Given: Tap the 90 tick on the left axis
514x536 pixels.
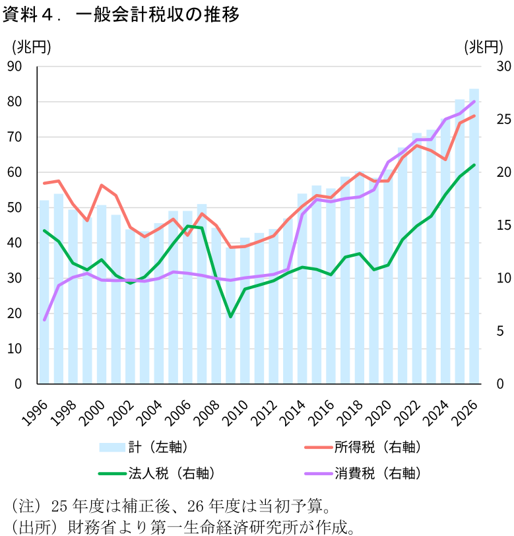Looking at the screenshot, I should point(15,67).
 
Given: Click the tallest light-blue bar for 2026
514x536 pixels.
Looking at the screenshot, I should point(474,238).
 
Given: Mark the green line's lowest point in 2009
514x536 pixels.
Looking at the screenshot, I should point(230,317).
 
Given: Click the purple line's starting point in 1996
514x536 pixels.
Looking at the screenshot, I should point(44,320).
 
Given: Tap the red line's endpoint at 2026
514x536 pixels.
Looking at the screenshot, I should point(474,116).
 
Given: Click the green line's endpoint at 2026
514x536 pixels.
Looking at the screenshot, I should point(474,165).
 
